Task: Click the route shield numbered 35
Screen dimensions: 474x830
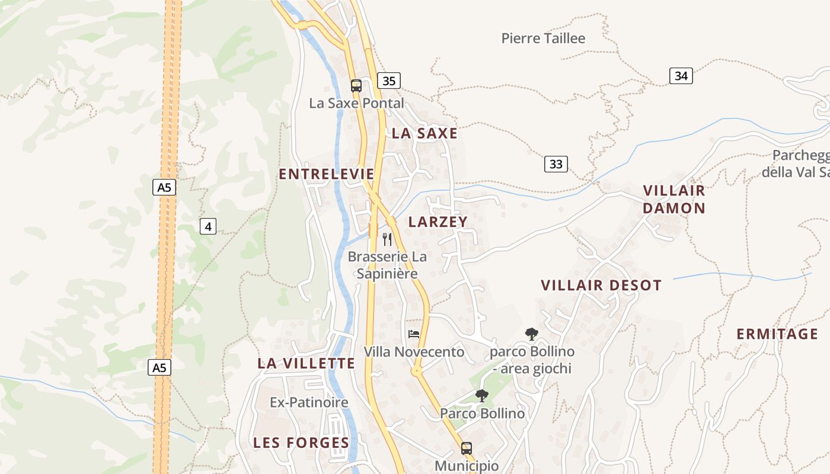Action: tap(389, 81)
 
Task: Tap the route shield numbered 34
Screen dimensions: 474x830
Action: tap(681, 76)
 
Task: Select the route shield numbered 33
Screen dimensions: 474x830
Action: tap(556, 164)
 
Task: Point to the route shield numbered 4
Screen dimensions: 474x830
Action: tap(207, 226)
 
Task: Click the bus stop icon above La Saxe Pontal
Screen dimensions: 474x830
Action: tap(356, 85)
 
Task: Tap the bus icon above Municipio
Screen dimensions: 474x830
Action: tap(467, 448)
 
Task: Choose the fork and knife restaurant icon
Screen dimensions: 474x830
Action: tap(387, 239)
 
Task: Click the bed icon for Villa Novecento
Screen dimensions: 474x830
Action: tap(414, 334)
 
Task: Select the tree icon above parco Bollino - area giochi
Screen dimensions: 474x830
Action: tap(531, 334)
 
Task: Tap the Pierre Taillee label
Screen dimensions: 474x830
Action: tap(543, 39)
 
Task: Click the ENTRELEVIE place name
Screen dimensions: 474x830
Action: tap(327, 174)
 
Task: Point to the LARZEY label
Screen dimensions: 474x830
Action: tap(438, 222)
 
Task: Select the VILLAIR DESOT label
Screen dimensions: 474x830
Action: tap(601, 286)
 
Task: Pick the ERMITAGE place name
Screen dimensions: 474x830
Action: tap(777, 334)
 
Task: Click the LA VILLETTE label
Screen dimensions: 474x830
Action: tap(306, 364)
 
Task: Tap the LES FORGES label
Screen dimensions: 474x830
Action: tap(301, 443)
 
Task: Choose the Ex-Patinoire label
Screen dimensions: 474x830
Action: tap(309, 403)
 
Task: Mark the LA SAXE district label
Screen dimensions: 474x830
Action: tap(424, 133)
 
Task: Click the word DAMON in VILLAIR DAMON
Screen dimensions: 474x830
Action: tap(674, 209)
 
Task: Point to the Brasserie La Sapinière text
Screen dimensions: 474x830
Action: tap(387, 265)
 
